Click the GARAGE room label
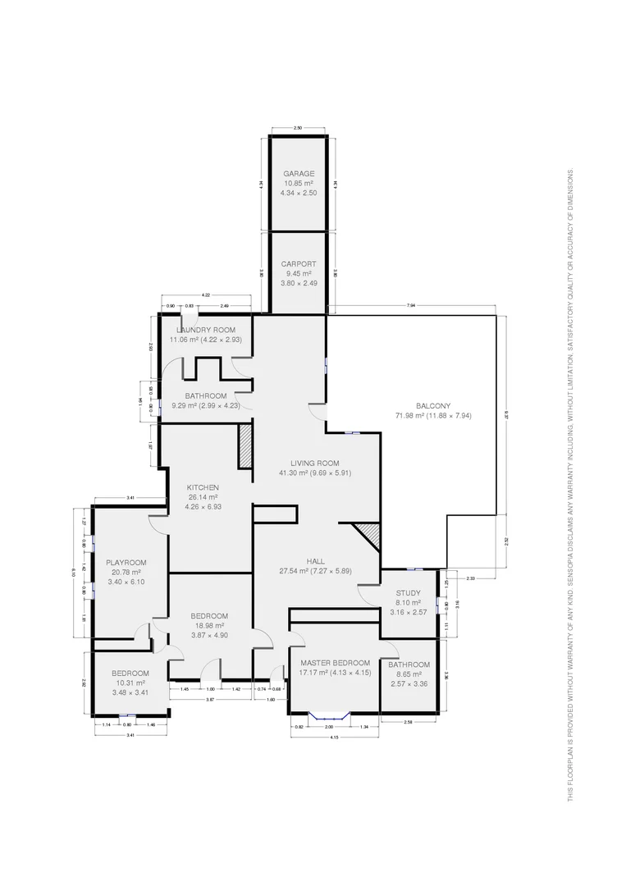point(299,174)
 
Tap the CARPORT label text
point(298,264)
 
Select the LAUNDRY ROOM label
point(205,330)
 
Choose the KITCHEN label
point(202,487)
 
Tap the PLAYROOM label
point(126,562)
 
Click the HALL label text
point(315,561)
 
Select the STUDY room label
point(408,593)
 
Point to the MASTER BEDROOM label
point(335,663)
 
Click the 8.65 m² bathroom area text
point(409,674)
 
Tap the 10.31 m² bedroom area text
point(130,683)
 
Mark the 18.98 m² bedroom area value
point(209,625)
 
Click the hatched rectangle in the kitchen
point(244,446)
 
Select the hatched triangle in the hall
point(368,537)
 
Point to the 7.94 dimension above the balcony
point(411,306)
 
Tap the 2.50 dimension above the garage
point(298,129)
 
